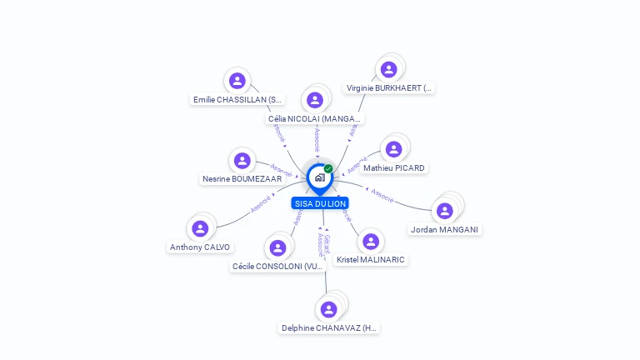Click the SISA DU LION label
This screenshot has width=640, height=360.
pyautogui.click(x=320, y=203)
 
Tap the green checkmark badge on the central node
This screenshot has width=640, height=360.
pyautogui.click(x=328, y=169)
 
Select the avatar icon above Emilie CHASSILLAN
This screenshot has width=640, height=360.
pyautogui.click(x=237, y=81)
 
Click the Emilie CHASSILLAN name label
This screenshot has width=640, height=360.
pyautogui.click(x=237, y=99)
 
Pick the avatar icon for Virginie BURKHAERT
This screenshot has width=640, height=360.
pyautogui.click(x=388, y=69)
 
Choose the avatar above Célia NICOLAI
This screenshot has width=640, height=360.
pyautogui.click(x=315, y=100)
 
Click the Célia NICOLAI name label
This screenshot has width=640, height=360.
pyautogui.click(x=315, y=118)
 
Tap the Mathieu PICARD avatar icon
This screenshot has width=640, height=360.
pyautogui.click(x=393, y=149)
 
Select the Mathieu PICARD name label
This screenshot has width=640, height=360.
pyautogui.click(x=394, y=167)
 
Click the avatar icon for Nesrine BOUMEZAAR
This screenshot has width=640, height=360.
pyautogui.click(x=242, y=160)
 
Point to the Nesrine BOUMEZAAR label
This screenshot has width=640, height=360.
pyautogui.click(x=242, y=178)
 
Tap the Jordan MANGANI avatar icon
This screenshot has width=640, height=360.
pyautogui.click(x=445, y=211)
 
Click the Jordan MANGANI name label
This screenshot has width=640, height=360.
pyautogui.click(x=446, y=229)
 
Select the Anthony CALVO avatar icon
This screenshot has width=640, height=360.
pyautogui.click(x=200, y=228)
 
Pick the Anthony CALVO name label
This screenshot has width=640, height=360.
pyautogui.click(x=200, y=247)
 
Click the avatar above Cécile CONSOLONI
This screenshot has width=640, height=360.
pyautogui.click(x=277, y=247)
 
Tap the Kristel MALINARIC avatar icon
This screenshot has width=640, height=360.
pyautogui.click(x=371, y=242)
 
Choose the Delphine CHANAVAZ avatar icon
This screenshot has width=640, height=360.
pyautogui.click(x=329, y=309)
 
